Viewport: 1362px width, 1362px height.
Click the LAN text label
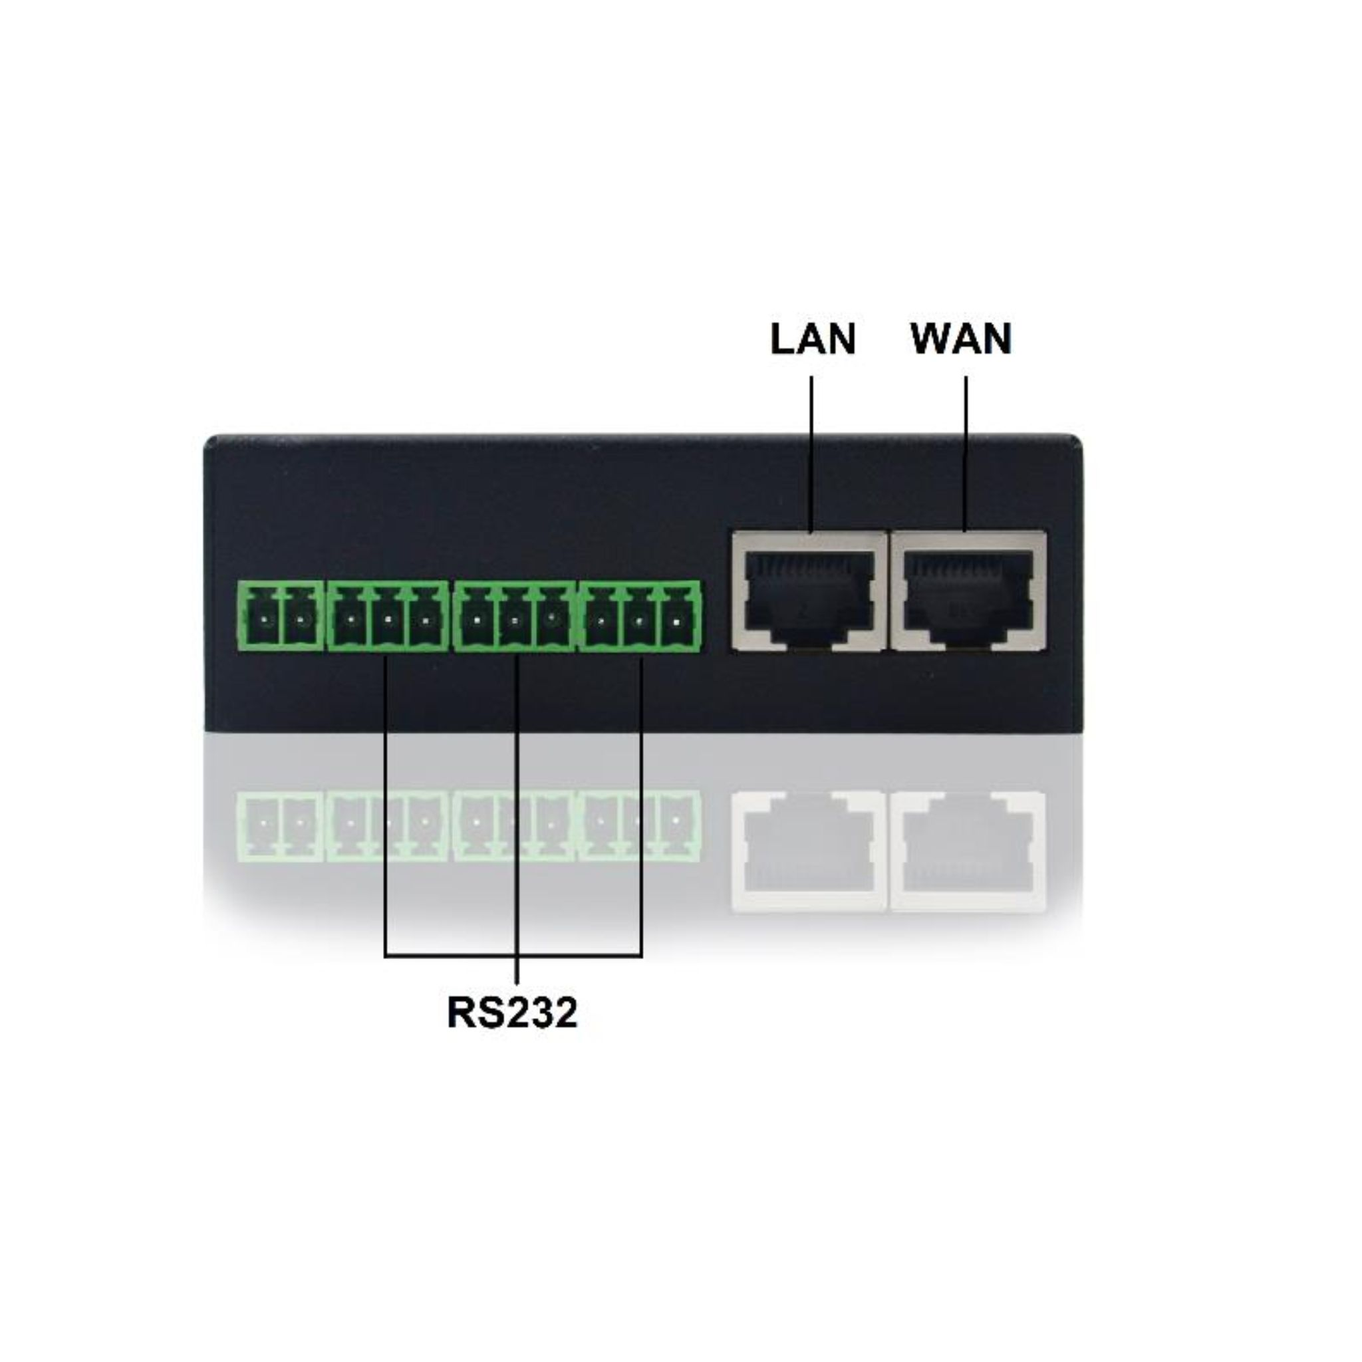click(812, 339)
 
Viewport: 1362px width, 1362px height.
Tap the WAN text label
click(961, 339)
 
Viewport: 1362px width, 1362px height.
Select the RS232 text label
click(512, 1013)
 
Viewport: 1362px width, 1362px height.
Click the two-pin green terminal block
click(281, 615)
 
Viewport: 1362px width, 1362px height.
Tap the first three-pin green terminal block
click(388, 615)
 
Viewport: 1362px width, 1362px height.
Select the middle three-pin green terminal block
click(514, 615)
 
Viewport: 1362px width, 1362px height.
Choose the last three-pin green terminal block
click(639, 615)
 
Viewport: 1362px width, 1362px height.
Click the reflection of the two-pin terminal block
click(281, 825)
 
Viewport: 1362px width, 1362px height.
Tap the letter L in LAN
click(781, 339)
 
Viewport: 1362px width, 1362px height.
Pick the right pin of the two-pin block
click(300, 620)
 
